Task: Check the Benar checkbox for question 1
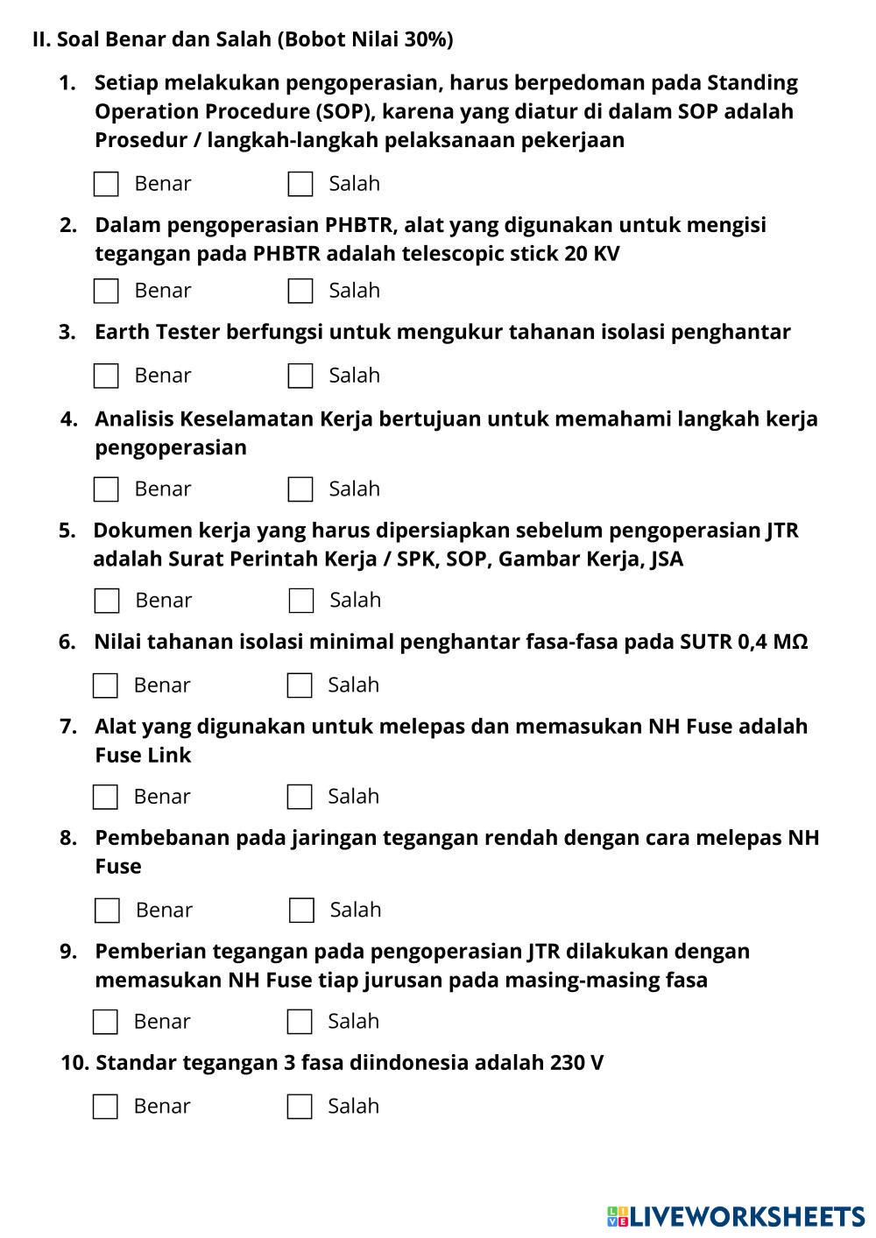point(106,184)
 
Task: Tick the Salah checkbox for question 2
point(300,291)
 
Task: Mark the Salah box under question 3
point(300,376)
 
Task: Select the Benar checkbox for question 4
point(106,489)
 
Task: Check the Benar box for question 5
point(107,601)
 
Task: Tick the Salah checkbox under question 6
point(300,686)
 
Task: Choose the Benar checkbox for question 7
point(105,797)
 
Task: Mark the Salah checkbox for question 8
point(301,911)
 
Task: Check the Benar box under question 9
point(105,1022)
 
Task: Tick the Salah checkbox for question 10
point(300,1107)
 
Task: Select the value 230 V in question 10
point(576,1063)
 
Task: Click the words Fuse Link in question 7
point(143,755)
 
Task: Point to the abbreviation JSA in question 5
point(667,559)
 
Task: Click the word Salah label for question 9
point(353,1021)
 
